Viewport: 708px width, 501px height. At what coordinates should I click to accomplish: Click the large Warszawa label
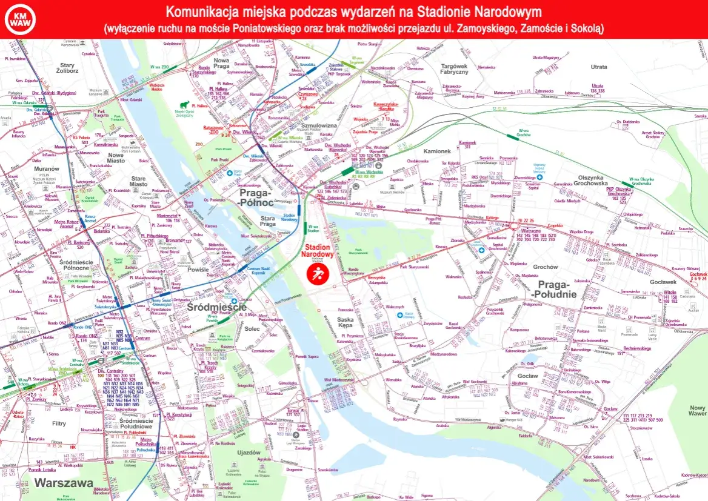[x=64, y=483]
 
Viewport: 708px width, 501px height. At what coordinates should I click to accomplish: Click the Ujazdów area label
[x=249, y=453]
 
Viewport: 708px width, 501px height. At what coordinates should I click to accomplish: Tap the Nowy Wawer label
[x=697, y=411]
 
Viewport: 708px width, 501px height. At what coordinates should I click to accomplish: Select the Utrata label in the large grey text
[x=599, y=67]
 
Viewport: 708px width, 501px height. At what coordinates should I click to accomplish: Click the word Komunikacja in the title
[x=201, y=12]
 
